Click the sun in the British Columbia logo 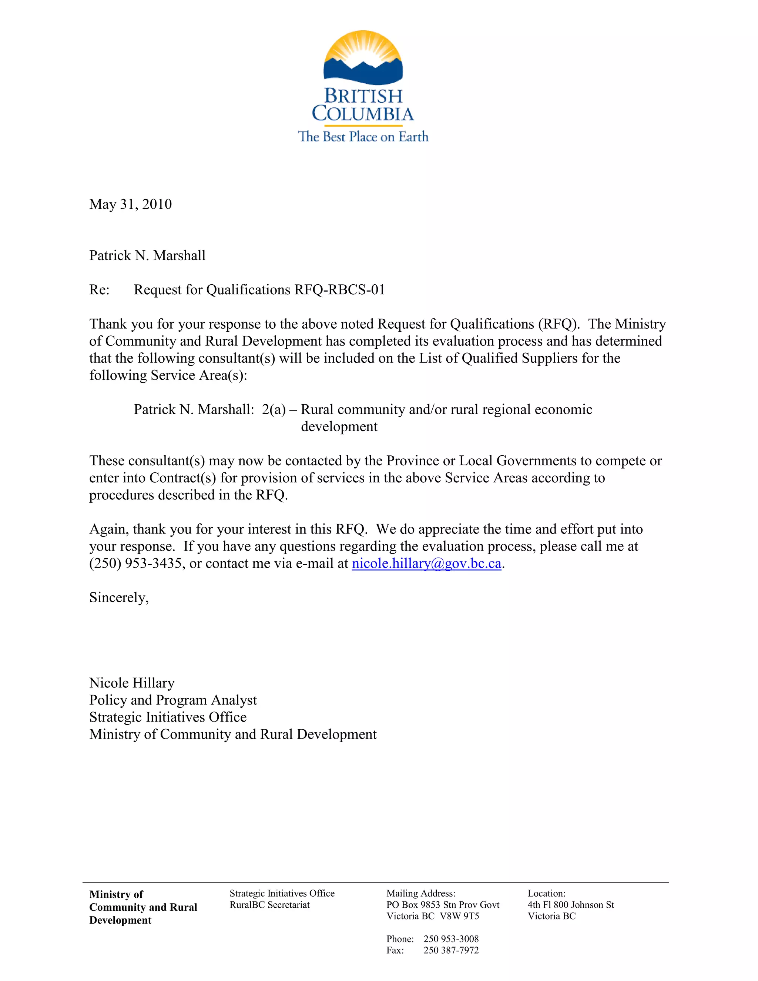coord(363,47)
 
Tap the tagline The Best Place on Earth coord(363,137)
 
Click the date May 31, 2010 coord(130,204)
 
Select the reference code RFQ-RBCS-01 coord(339,290)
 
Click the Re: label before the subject coord(99,290)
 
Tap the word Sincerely coord(118,597)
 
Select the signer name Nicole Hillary coord(131,683)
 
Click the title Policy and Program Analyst coord(173,700)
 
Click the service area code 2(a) coord(274,409)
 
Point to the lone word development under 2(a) coord(339,426)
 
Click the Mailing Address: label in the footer coord(421,893)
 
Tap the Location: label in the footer coord(546,893)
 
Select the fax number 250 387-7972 coord(451,950)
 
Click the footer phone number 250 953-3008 coord(451,939)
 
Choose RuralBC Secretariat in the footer coord(269,905)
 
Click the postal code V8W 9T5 coord(459,916)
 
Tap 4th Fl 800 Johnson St coord(570,905)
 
